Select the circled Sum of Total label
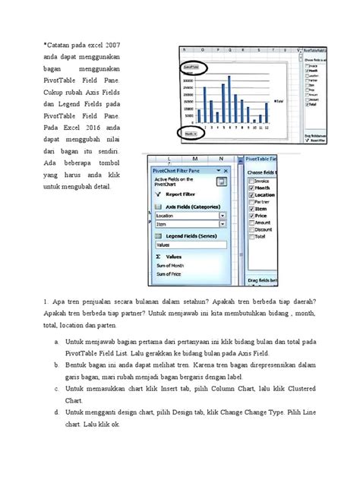tap(191, 68)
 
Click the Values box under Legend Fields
tap(190, 245)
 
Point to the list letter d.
tap(58, 412)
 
